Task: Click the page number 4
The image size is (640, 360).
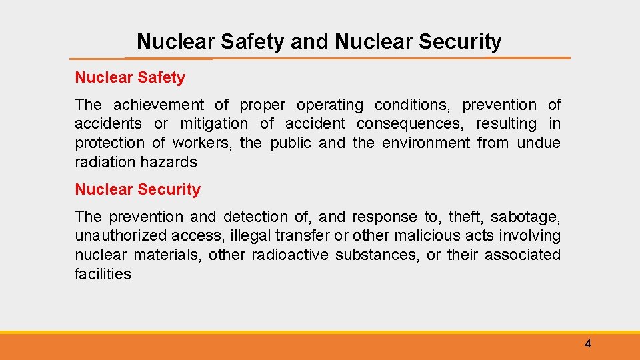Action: pos(587,344)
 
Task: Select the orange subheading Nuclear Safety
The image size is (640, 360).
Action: pos(130,77)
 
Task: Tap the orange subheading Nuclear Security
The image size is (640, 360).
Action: pos(137,189)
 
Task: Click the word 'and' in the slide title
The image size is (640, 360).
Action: pos(310,42)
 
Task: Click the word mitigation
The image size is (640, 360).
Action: pos(214,123)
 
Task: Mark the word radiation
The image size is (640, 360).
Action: pos(105,162)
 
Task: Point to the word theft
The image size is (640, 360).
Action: pos(463,217)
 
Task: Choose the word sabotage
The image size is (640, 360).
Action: pos(525,217)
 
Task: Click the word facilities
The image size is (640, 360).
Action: pos(103,273)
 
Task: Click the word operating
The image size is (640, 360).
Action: pos(330,105)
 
